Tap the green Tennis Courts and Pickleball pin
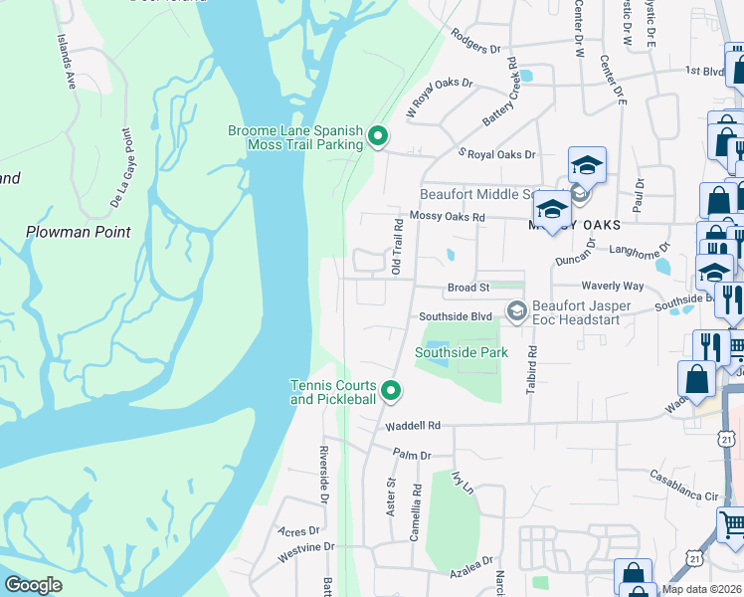[x=391, y=392]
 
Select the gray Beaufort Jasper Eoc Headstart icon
[x=516, y=312]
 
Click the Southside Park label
[x=462, y=352]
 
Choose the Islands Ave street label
[x=66, y=59]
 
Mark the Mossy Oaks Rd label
[x=447, y=216]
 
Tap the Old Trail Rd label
[x=396, y=247]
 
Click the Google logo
[x=33, y=585]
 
